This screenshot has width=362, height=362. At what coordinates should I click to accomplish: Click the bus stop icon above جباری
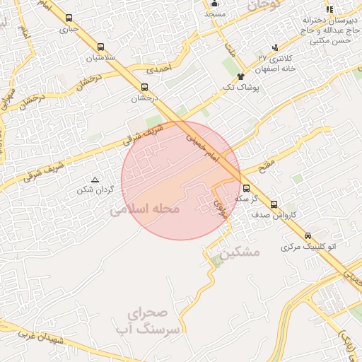click(68, 18)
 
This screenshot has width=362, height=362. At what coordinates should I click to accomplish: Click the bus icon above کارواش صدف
click(274, 204)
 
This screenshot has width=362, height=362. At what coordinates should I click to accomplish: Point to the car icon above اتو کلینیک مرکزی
click(307, 236)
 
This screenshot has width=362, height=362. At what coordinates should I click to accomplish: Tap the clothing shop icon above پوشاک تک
click(241, 76)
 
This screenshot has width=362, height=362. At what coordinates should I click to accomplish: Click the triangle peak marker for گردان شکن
click(95, 180)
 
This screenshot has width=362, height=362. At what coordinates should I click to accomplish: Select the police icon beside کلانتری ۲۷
click(275, 47)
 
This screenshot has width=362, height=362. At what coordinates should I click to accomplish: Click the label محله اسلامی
click(146, 209)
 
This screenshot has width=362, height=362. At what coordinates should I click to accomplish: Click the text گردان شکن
click(95, 189)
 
